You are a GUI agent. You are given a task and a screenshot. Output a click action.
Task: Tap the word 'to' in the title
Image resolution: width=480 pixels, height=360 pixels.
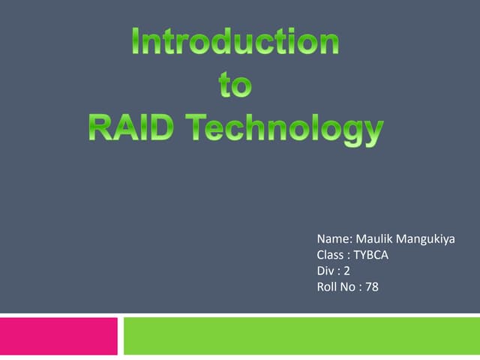[x=235, y=85]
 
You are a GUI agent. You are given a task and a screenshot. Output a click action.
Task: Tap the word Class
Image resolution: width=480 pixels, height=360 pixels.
[x=331, y=255]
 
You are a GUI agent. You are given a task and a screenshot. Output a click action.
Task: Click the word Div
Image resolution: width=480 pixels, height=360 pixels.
[x=326, y=270]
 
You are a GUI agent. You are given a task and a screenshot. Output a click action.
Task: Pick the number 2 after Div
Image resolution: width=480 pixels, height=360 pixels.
[x=347, y=270]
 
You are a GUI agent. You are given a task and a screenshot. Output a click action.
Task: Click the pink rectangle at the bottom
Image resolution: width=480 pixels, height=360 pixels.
[x=58, y=335]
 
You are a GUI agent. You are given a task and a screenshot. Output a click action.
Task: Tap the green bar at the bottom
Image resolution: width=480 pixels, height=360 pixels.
[x=301, y=335]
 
